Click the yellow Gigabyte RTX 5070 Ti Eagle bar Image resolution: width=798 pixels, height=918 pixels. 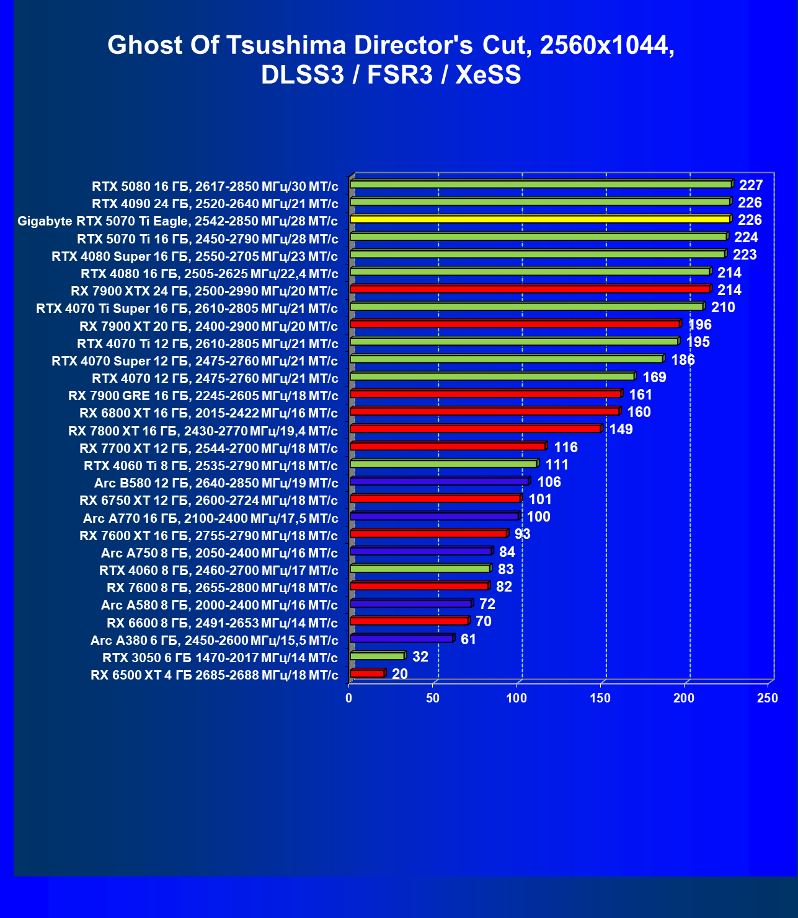tap(539, 219)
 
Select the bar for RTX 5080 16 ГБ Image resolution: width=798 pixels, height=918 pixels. tap(541, 184)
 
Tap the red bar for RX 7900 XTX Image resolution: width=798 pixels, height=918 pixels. tap(530, 289)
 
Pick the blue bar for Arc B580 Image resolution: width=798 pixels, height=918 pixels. tap(439, 481)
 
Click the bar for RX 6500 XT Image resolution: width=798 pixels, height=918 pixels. tap(367, 673)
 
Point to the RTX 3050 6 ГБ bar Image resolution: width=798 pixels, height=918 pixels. tap(377, 655)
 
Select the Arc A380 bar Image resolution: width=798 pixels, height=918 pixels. tap(401, 638)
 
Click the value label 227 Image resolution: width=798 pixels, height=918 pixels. tap(751, 185)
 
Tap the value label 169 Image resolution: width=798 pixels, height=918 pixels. tap(654, 377)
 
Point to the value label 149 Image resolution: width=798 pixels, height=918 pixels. tap(621, 429)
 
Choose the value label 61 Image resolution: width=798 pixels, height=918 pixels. tap(468, 639)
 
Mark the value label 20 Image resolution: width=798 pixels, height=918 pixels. tap(400, 674)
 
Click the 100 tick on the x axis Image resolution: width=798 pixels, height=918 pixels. tap(516, 698)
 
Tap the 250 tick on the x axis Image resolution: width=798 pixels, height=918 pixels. tap(768, 698)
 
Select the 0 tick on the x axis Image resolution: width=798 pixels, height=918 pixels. tap(349, 698)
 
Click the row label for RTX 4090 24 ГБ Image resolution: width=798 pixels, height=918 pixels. tap(215, 204)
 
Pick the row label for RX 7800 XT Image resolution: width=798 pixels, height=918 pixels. tap(203, 431)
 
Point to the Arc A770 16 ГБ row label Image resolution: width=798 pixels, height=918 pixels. tap(210, 518)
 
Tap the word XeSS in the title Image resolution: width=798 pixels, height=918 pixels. tap(488, 75)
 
